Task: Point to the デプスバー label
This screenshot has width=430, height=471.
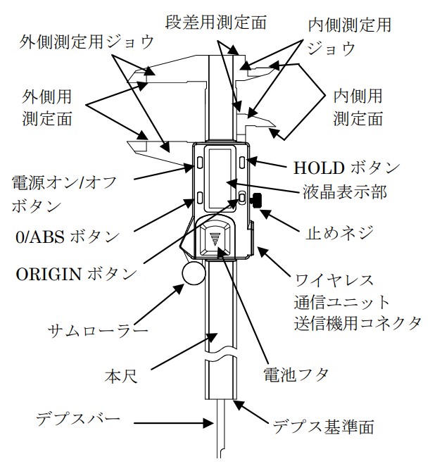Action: coord(78,420)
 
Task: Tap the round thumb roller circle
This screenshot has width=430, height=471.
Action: coord(191,275)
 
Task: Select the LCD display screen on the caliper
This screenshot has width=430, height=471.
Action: coord(223,175)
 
